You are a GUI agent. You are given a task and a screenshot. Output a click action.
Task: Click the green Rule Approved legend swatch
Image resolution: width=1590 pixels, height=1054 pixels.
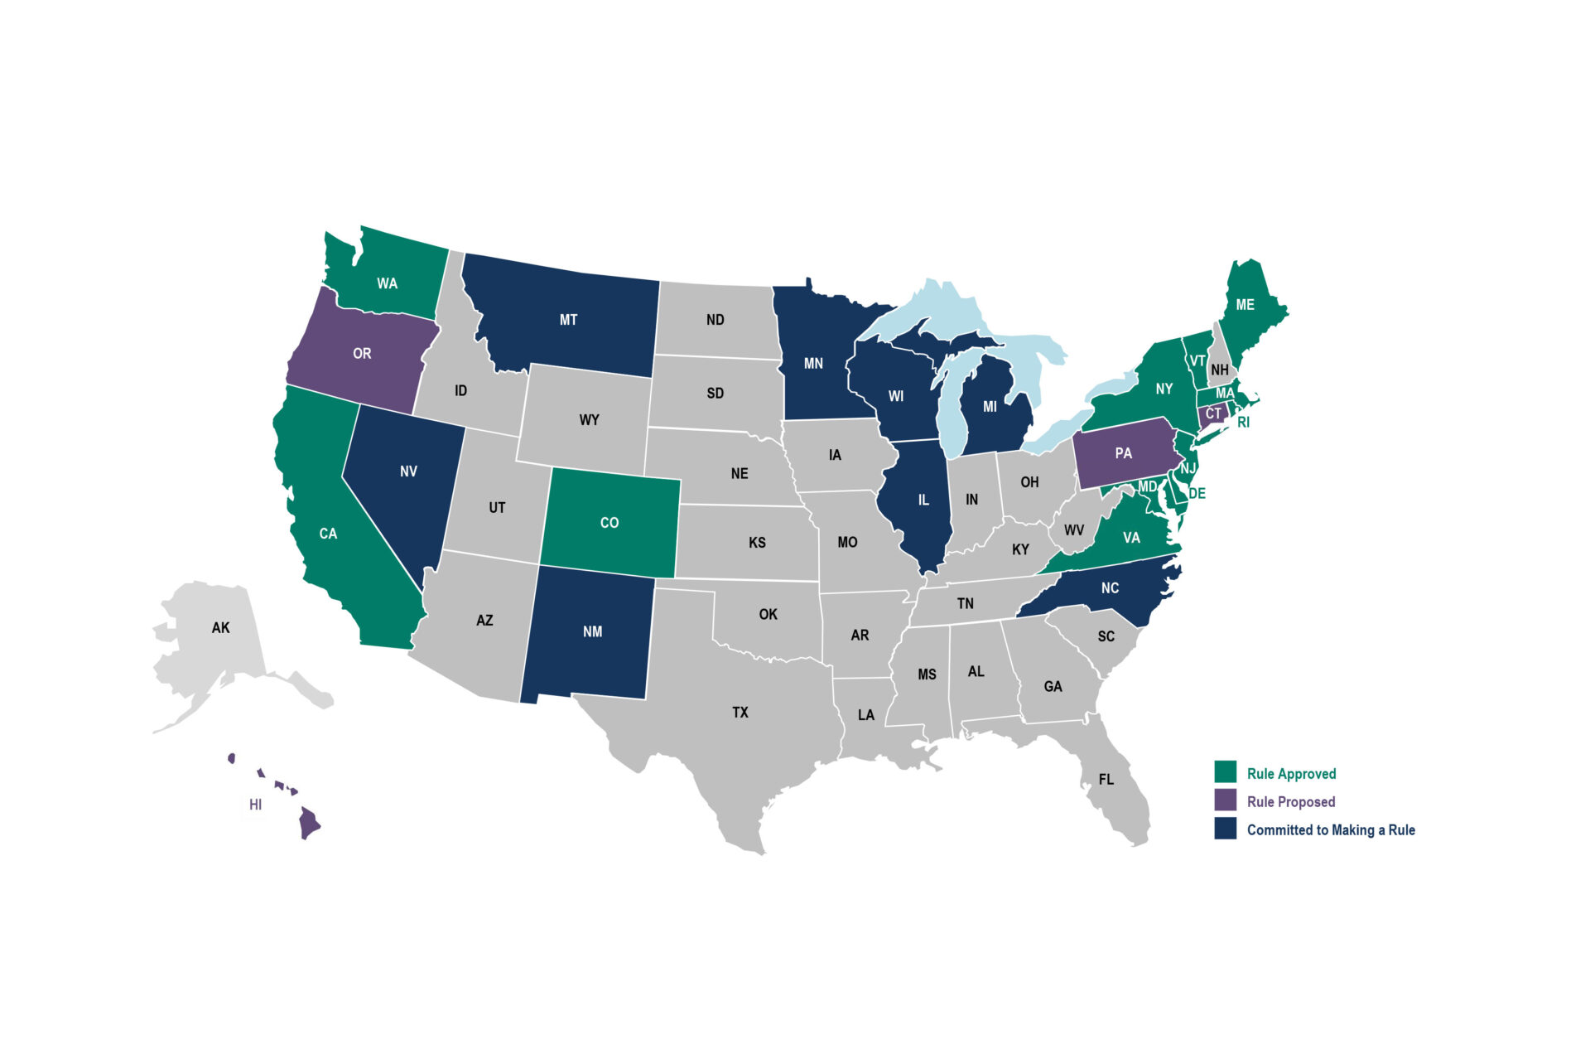point(1225,771)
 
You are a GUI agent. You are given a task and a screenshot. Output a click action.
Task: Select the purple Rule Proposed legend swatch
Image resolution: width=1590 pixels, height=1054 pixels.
point(1225,800)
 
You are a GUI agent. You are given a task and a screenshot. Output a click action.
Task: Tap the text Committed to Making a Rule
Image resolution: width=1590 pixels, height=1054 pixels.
point(1330,829)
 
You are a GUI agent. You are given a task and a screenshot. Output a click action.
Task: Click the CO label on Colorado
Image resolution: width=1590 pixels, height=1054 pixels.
point(609,523)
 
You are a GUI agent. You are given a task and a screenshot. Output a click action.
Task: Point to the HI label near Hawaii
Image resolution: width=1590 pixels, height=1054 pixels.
point(255,805)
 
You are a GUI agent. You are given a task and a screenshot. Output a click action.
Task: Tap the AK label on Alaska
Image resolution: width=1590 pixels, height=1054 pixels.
point(220,627)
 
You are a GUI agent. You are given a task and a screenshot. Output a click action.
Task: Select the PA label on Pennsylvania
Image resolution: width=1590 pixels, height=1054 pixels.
point(1123,453)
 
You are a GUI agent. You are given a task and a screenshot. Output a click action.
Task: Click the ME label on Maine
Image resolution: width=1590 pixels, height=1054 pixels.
point(1245,305)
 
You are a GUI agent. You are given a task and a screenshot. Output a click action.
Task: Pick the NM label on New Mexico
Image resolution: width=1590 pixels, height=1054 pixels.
point(592,631)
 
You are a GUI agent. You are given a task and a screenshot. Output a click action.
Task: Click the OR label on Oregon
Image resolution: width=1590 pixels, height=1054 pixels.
point(362,354)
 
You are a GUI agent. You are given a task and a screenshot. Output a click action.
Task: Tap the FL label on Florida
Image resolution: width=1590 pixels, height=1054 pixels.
point(1106,779)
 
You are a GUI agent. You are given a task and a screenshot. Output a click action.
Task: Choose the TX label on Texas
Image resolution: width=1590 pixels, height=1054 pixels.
point(740,712)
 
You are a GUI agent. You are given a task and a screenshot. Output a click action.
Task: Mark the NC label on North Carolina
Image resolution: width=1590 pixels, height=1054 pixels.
point(1110,588)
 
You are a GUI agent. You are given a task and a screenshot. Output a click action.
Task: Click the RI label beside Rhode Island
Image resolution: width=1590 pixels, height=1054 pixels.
point(1243,423)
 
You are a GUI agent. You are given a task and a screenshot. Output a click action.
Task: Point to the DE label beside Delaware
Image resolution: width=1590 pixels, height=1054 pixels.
point(1197,494)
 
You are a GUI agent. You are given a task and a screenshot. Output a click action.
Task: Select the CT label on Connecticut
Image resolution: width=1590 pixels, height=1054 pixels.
point(1212,413)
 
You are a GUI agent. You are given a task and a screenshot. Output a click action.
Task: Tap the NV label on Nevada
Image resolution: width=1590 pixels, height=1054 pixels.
point(408,471)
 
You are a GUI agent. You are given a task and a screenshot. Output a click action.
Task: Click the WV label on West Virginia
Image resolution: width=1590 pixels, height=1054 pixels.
point(1073,530)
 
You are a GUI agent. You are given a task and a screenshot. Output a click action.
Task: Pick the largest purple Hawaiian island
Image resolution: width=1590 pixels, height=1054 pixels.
point(310,823)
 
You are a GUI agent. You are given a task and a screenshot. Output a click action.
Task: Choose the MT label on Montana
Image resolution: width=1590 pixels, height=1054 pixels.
point(568,320)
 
